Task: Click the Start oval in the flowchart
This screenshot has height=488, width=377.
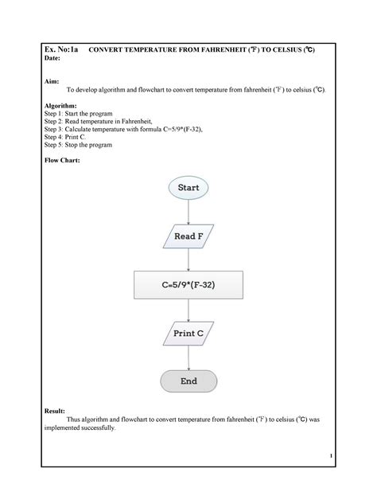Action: coord(188,188)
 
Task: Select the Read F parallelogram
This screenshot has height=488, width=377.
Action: coord(188,236)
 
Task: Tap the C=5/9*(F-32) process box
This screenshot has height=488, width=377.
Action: coord(188,284)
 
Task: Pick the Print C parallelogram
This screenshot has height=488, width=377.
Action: coord(188,334)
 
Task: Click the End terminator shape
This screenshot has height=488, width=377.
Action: coord(188,381)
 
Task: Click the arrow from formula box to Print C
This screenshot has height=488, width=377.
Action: coord(188,309)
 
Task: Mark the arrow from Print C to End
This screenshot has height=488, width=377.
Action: coord(188,357)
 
